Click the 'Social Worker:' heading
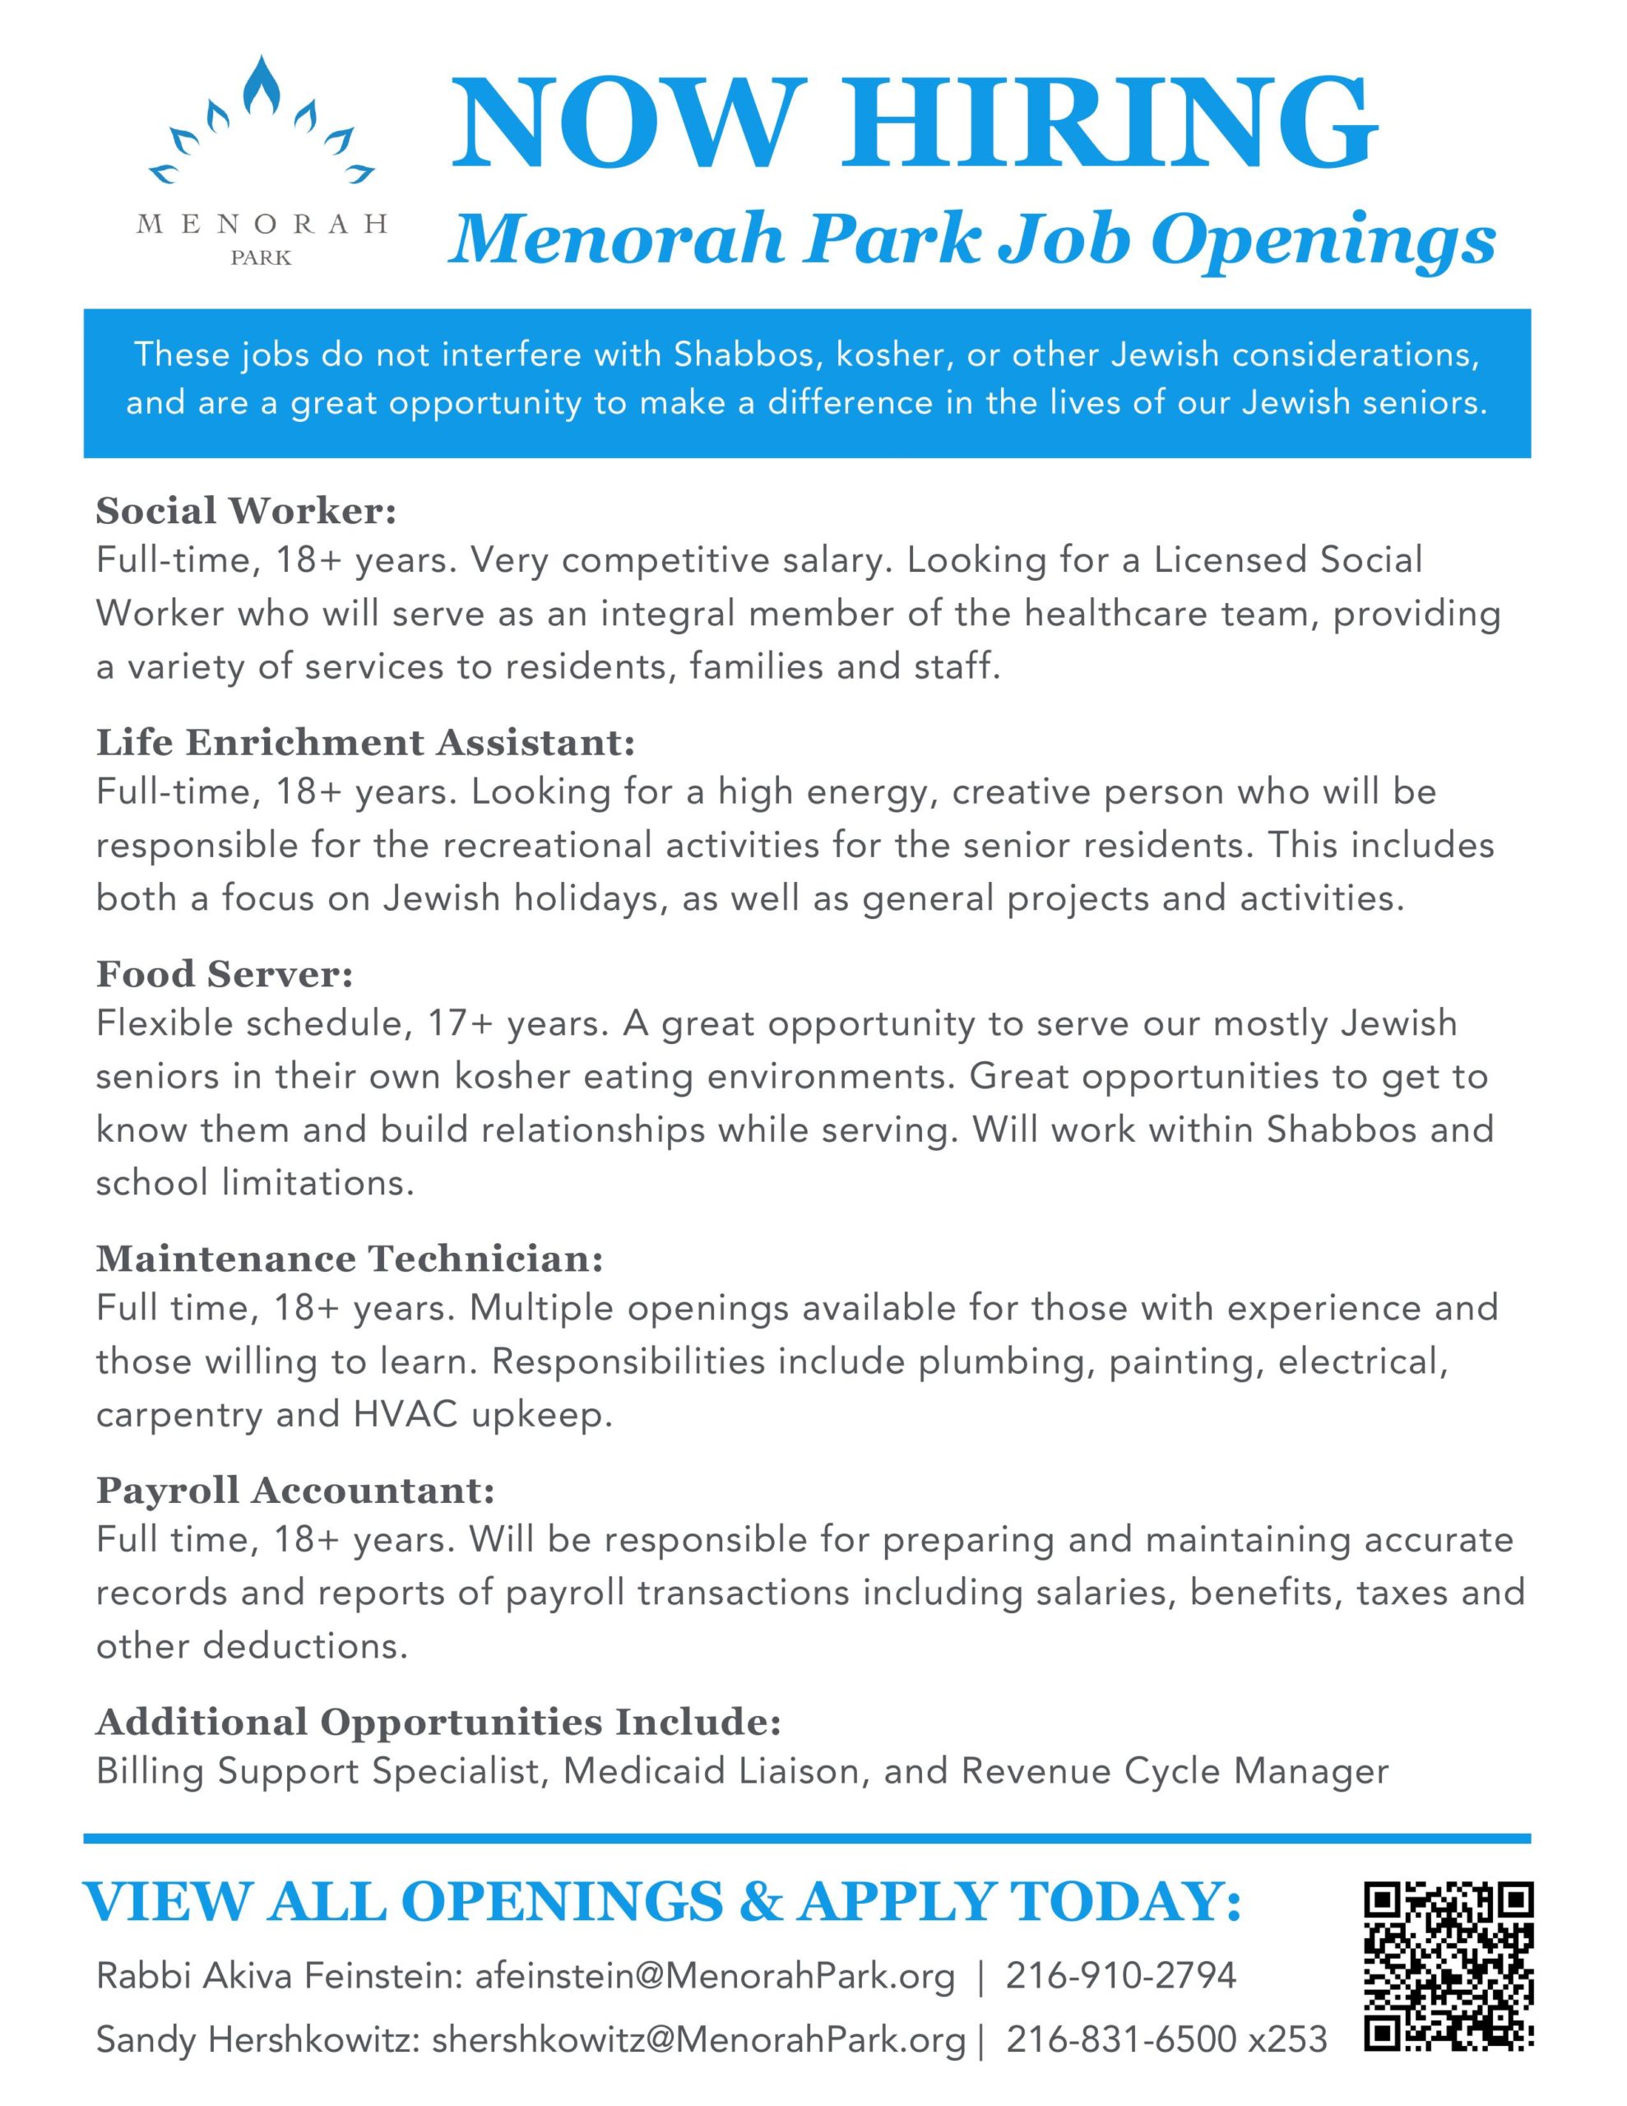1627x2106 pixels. (x=246, y=511)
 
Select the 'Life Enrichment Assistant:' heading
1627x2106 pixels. (x=365, y=743)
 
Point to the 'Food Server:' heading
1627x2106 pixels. (x=225, y=974)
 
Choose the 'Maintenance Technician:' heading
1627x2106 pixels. (x=349, y=1259)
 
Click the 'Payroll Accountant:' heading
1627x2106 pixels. (x=295, y=1490)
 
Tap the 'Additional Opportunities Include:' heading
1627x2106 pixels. (x=438, y=1721)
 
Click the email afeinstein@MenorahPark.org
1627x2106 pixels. (x=715, y=1976)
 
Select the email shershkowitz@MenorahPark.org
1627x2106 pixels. (x=698, y=2039)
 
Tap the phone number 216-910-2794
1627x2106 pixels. (x=1120, y=1976)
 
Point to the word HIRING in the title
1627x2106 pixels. (x=1111, y=125)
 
